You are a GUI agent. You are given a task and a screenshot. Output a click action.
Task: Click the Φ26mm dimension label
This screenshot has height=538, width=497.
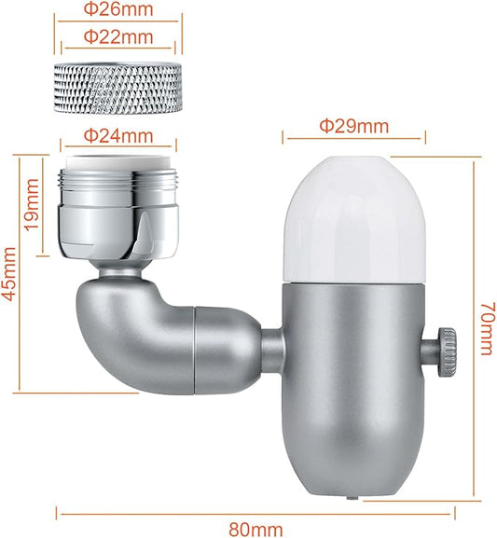pyautogui.click(x=118, y=9)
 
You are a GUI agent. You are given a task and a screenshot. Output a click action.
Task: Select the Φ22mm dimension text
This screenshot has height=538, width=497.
pyautogui.click(x=118, y=36)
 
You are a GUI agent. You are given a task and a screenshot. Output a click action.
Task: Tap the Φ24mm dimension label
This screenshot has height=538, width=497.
pyautogui.click(x=118, y=136)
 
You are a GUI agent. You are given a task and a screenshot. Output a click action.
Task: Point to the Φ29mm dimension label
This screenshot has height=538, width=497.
pyautogui.click(x=354, y=126)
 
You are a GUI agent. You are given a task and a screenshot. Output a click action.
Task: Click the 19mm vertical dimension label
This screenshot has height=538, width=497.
pyautogui.click(x=33, y=205)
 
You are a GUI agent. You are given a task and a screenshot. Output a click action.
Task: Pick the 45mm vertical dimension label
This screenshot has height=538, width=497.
pyautogui.click(x=9, y=274)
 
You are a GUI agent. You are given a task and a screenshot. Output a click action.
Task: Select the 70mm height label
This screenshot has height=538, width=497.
pyautogui.click(x=488, y=328)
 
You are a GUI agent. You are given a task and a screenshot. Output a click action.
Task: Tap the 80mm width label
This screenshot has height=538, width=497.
pyautogui.click(x=255, y=530)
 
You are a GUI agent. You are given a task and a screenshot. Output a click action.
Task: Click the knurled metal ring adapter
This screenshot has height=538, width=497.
pyautogui.click(x=118, y=88)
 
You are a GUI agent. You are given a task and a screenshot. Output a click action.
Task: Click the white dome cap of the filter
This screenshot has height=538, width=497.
pyautogui.click(x=354, y=220)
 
